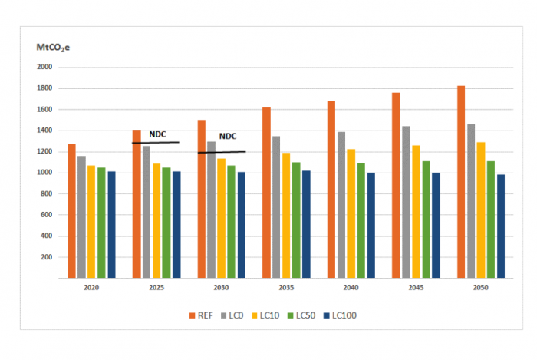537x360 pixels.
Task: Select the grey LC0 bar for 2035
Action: coord(276,206)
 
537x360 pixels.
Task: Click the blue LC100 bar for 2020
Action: coord(111,224)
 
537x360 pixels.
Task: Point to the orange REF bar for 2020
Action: coord(71,210)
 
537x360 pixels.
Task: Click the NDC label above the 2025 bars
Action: coord(157,134)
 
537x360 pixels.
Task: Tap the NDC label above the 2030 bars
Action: coord(228,137)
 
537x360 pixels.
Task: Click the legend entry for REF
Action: coord(202,315)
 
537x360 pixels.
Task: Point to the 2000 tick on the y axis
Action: coord(44,67)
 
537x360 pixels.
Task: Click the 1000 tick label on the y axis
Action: coord(44,173)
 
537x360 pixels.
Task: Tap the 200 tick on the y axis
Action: coord(46,257)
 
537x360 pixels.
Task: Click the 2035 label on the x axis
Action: coord(286,288)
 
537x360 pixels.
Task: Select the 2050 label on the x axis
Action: coord(480,288)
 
